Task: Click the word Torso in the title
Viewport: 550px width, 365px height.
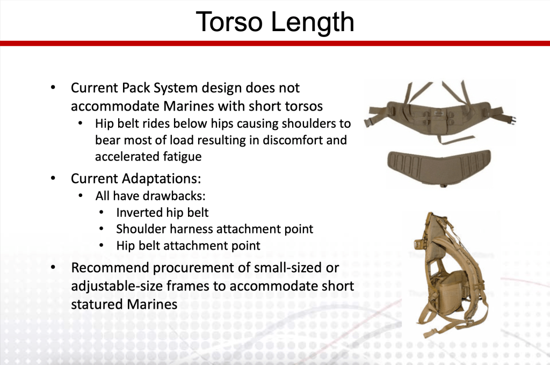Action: [x=229, y=21]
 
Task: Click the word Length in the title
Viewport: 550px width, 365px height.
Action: [x=313, y=23]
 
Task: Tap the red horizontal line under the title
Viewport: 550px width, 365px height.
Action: [x=275, y=43]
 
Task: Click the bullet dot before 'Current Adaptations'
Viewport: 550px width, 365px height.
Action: [x=53, y=178]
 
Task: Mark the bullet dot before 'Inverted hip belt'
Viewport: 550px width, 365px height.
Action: [x=102, y=213]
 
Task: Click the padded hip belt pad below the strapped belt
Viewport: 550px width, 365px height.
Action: [x=439, y=166]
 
